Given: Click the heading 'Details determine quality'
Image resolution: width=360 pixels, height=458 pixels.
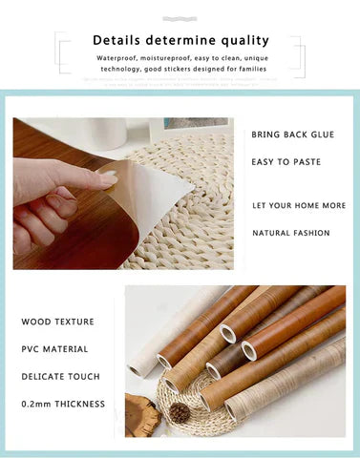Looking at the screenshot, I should coord(180,41).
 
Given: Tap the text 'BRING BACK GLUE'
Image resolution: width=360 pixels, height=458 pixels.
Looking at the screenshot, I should coord(292,135).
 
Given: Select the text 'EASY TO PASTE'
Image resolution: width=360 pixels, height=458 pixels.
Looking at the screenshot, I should coord(286,162).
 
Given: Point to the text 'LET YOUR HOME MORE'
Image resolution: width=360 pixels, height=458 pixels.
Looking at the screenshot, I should coord(299,206).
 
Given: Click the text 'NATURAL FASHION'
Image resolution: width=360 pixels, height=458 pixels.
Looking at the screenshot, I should coord(290,233).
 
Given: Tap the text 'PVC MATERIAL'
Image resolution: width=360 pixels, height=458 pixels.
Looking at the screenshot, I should coord(54,349).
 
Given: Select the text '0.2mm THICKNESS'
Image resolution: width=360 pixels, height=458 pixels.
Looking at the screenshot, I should coord(63,405).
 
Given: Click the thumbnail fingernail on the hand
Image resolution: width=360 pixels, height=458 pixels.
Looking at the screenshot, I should coord(109,179).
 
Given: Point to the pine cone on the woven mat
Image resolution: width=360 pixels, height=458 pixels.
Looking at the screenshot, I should coord(180,412).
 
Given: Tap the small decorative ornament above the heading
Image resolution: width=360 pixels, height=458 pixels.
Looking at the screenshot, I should coord(180,17).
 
